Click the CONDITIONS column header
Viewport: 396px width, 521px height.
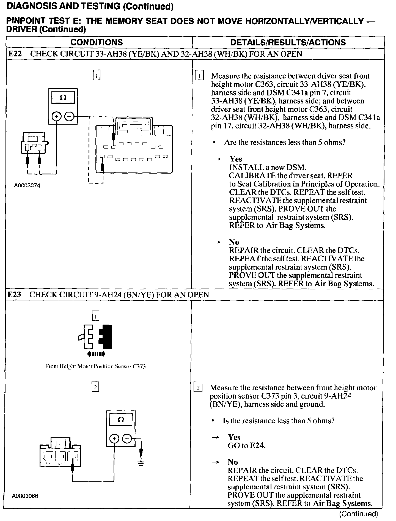(x=97, y=42)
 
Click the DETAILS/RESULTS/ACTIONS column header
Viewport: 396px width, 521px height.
(x=288, y=42)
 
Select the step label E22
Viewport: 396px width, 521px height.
(x=14, y=54)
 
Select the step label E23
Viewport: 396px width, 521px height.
(x=14, y=295)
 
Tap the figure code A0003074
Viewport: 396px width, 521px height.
(x=27, y=186)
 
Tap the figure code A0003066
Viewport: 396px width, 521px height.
(x=25, y=496)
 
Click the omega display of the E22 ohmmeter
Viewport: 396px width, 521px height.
(x=63, y=98)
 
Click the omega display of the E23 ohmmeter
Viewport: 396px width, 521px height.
(x=121, y=420)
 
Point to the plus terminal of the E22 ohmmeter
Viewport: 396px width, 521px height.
(x=56, y=117)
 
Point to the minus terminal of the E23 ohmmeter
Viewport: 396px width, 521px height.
(x=127, y=438)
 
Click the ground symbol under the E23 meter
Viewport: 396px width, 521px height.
(x=141, y=463)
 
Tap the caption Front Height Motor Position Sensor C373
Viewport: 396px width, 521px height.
(x=95, y=366)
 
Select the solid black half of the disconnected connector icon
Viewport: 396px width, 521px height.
(x=106, y=336)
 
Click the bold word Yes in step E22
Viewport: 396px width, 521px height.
(x=236, y=159)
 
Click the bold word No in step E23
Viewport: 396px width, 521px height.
(x=233, y=462)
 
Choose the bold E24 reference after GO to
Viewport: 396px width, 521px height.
(x=257, y=445)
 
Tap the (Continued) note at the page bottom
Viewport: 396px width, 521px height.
(x=358, y=514)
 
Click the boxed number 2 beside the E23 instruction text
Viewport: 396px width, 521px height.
(x=198, y=388)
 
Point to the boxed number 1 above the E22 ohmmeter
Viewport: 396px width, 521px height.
(x=97, y=75)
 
